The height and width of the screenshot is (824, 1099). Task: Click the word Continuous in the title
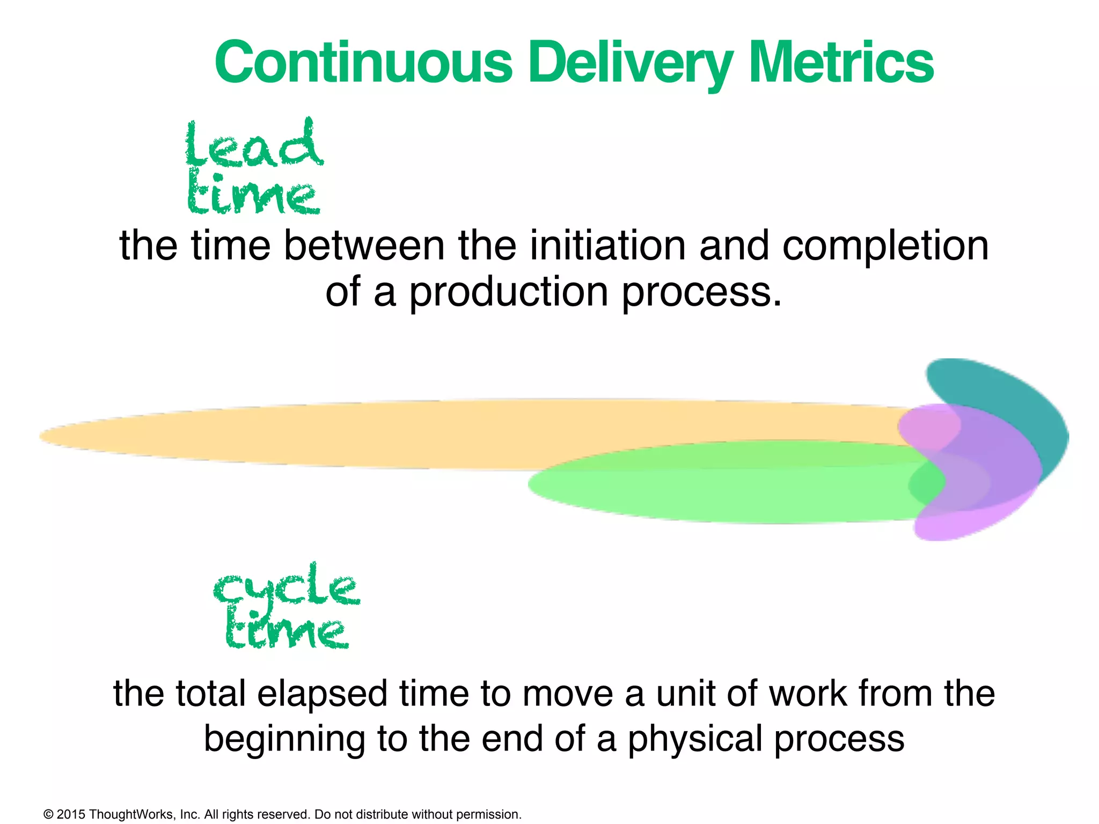click(x=364, y=63)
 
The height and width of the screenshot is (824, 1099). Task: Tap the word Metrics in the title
click(x=840, y=63)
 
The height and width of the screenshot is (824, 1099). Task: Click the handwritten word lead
click(x=253, y=144)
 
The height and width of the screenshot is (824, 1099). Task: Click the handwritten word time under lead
click(x=253, y=195)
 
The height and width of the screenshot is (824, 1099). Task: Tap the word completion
click(x=885, y=246)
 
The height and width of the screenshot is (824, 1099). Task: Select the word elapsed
click(x=321, y=693)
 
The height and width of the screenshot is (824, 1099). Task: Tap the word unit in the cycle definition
click(x=685, y=693)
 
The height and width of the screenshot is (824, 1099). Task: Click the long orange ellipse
click(x=322, y=435)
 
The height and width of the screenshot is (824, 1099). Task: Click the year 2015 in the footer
click(x=70, y=814)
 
